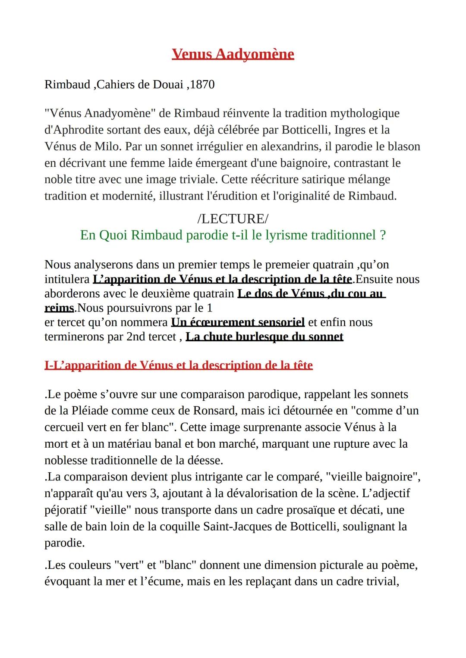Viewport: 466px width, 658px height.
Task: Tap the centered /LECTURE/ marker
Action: coord(233,218)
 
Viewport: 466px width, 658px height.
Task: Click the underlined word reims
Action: coord(59,308)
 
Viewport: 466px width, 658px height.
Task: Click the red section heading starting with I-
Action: coord(178,365)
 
